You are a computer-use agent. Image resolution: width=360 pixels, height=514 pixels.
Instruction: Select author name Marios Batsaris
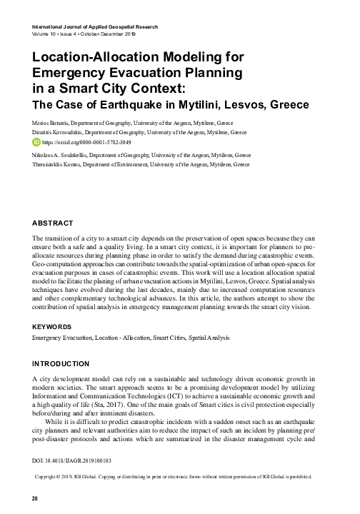coord(49,123)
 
